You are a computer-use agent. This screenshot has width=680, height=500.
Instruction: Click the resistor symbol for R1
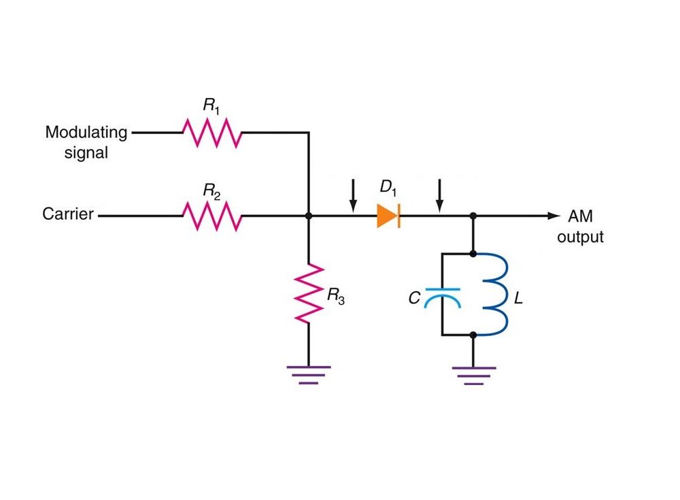211,133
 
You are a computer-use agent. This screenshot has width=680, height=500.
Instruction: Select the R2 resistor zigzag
211,215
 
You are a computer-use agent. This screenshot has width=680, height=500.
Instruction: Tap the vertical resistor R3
309,293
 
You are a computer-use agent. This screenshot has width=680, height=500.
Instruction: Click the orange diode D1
388,216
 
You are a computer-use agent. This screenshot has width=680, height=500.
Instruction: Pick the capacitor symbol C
443,297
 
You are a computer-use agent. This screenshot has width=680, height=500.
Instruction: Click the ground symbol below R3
309,376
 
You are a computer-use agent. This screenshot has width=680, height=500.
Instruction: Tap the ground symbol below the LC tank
473,376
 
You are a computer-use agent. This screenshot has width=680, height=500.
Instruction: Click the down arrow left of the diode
354,196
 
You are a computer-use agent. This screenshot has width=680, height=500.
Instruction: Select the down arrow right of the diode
440,196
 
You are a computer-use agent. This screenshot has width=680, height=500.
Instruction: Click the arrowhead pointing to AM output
554,216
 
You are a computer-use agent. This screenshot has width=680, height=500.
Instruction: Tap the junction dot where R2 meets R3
309,216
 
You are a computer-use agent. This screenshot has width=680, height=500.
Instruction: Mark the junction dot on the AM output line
473,216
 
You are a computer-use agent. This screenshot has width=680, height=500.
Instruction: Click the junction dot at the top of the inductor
473,254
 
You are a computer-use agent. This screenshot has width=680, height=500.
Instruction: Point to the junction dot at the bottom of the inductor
473,335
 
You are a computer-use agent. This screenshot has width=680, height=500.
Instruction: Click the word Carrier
68,214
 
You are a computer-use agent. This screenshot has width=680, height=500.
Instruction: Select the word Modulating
86,133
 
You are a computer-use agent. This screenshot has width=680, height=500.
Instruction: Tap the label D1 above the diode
388,188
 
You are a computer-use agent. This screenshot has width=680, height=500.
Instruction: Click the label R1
211,105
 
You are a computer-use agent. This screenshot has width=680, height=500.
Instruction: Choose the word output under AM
580,237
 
